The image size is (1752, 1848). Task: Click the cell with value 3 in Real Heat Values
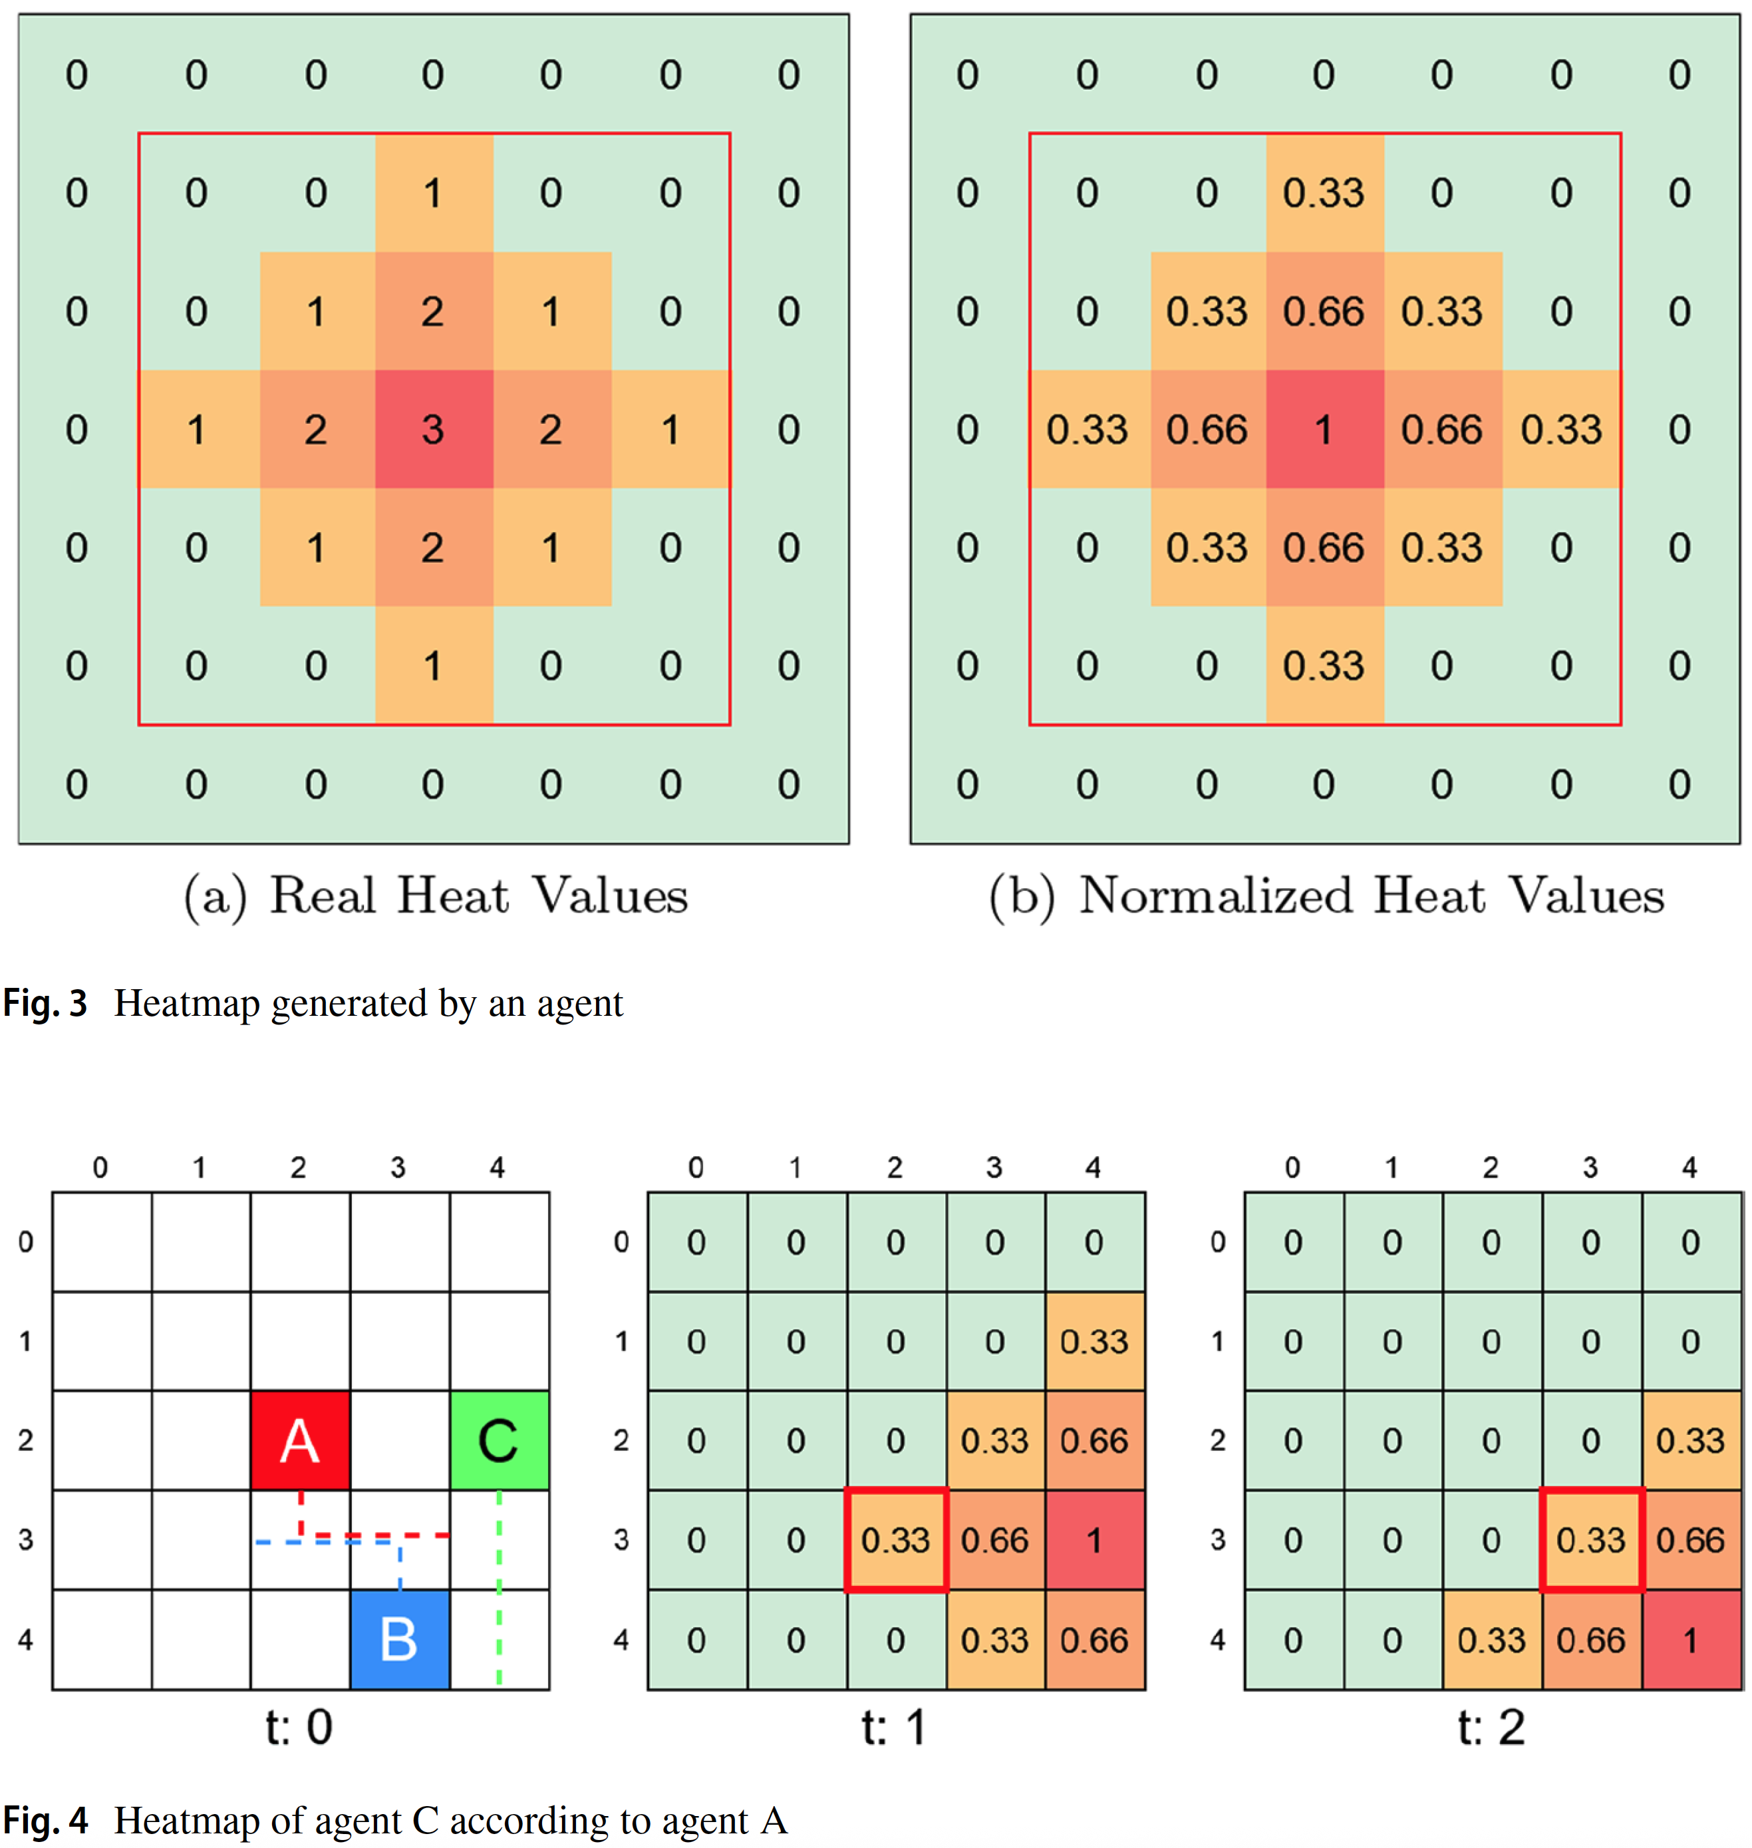pos(433,430)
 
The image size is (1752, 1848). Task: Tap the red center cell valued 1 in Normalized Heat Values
pos(1324,430)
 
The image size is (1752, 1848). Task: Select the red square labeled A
pos(300,1440)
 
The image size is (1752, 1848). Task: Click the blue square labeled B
pos(400,1639)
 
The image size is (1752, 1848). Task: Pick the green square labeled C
pos(499,1440)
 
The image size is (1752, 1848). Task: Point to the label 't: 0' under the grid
pos(299,1728)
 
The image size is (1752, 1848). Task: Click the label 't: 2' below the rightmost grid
pos(1491,1728)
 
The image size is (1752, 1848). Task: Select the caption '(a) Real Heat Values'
pos(435,897)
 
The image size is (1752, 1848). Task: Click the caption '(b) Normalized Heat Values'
pos(1326,897)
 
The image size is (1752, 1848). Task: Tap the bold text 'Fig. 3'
pos(45,1004)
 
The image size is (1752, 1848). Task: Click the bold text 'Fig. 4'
pos(45,1821)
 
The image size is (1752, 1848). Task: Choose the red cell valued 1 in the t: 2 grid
pos(1690,1640)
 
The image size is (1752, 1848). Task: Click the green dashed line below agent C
pos(500,1587)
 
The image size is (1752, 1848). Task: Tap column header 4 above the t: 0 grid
pos(497,1167)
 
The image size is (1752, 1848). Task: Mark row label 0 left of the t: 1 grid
pos(622,1242)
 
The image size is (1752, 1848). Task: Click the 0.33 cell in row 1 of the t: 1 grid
pos(1095,1342)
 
